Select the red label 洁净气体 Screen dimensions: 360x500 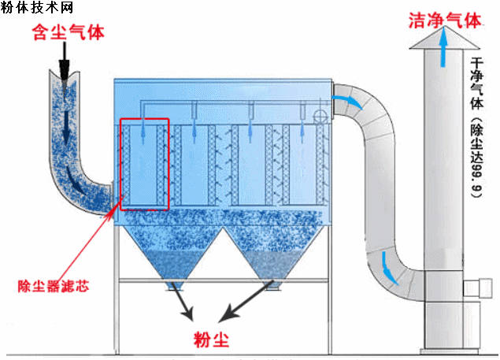pyautogui.click(x=444, y=20)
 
